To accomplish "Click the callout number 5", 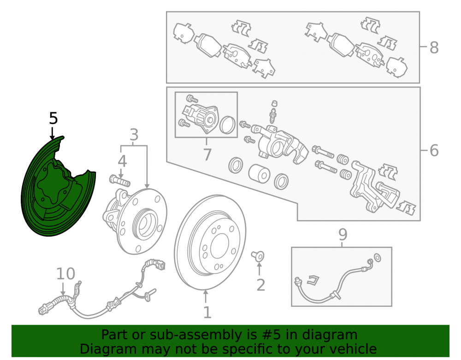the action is [x=53, y=118].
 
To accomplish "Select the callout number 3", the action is [x=134, y=135].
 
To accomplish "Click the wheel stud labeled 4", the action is [x=120, y=180].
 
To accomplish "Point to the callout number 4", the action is [x=122, y=161].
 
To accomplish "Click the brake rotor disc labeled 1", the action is [x=210, y=242].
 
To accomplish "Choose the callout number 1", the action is [x=207, y=312].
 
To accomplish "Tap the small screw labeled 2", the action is [x=258, y=256].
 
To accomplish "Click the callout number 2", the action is [x=261, y=285].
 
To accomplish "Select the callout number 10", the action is [x=65, y=274].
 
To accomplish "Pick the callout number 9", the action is [x=343, y=234].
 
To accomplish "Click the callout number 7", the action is [x=207, y=154].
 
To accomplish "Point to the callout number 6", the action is [x=434, y=150].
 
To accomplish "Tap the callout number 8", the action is [x=434, y=47].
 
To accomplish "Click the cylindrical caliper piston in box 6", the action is [x=259, y=173].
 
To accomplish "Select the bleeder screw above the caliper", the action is [x=273, y=112].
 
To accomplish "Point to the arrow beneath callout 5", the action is [x=53, y=133].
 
